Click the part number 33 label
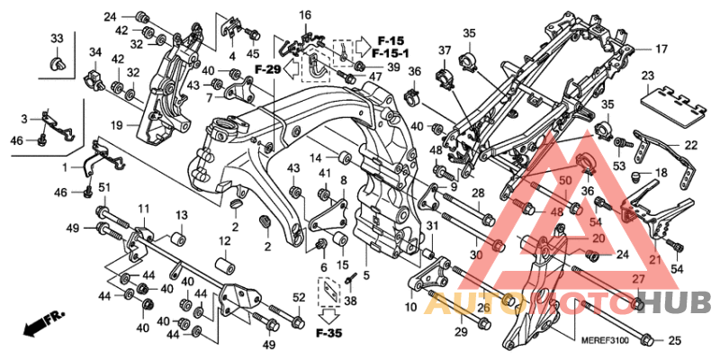click(57, 38)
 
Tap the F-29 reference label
click(268, 69)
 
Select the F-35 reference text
click(329, 335)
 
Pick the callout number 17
click(661, 49)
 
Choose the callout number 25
click(675, 340)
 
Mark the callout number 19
click(116, 124)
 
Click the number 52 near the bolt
click(299, 297)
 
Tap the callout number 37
click(445, 49)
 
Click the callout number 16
click(305, 15)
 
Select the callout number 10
click(411, 308)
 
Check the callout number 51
click(103, 187)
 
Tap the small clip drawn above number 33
click(56, 64)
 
